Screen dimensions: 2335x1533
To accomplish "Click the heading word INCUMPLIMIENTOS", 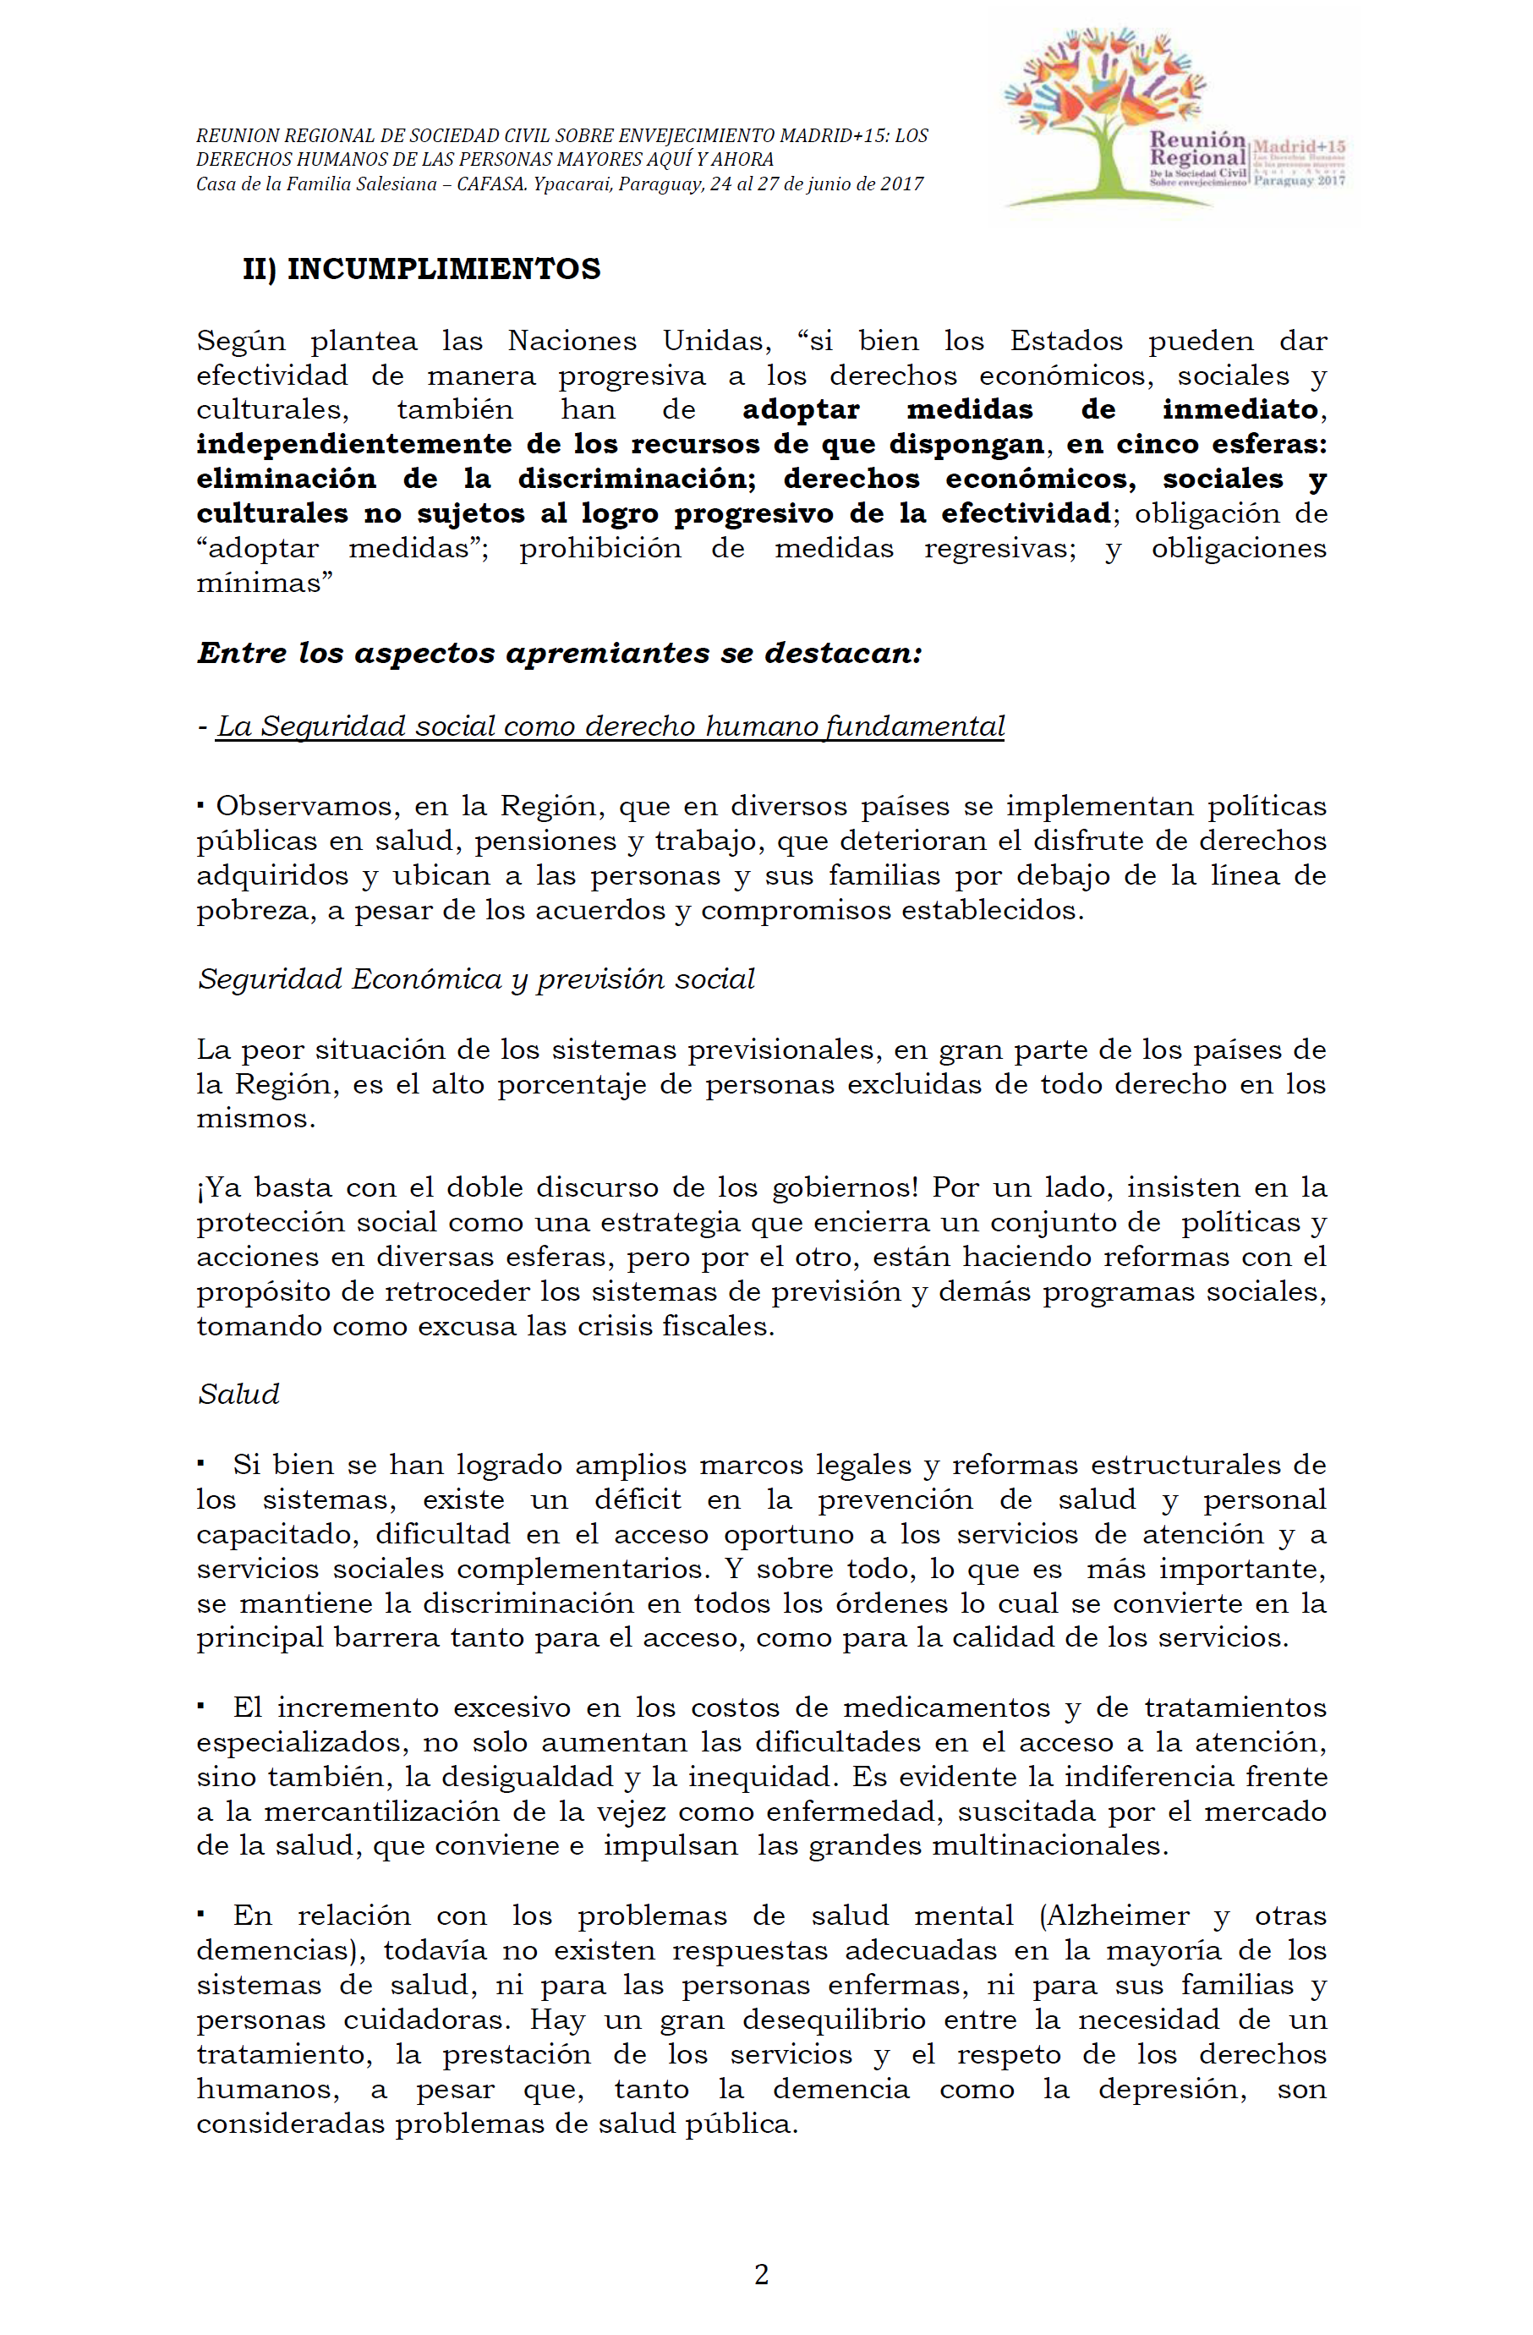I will [443, 269].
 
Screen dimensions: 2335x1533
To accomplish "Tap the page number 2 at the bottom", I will [761, 2274].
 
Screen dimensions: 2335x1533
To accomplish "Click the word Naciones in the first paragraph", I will [572, 341].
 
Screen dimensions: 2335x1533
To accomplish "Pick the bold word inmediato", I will [1240, 409].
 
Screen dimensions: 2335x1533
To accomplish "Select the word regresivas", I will [999, 547].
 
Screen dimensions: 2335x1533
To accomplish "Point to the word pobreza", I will [255, 911].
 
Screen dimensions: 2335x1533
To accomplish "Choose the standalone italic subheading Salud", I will [238, 1394].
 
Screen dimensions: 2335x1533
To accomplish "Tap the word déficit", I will [638, 1499].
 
